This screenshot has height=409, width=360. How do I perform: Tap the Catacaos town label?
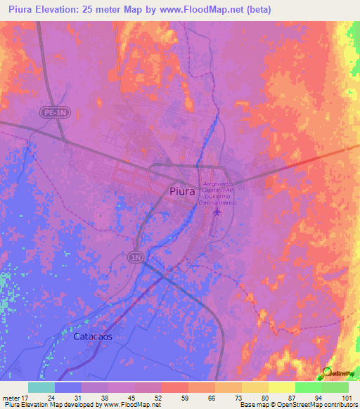click(x=93, y=337)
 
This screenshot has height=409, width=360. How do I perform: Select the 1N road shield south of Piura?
click(x=136, y=258)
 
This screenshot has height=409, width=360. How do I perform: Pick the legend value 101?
click(x=347, y=397)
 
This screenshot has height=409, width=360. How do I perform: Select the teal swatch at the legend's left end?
click(x=41, y=387)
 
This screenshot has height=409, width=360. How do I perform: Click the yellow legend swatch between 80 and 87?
click(x=282, y=387)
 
